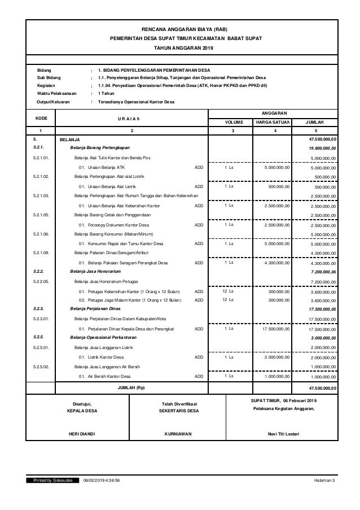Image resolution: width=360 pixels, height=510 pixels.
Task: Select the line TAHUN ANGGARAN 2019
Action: click(x=181, y=49)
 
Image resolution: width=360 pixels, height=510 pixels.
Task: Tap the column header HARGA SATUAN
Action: click(x=273, y=121)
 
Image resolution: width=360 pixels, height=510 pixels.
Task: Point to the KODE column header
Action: click(x=41, y=117)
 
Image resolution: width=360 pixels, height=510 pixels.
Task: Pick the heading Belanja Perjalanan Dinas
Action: click(x=94, y=310)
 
